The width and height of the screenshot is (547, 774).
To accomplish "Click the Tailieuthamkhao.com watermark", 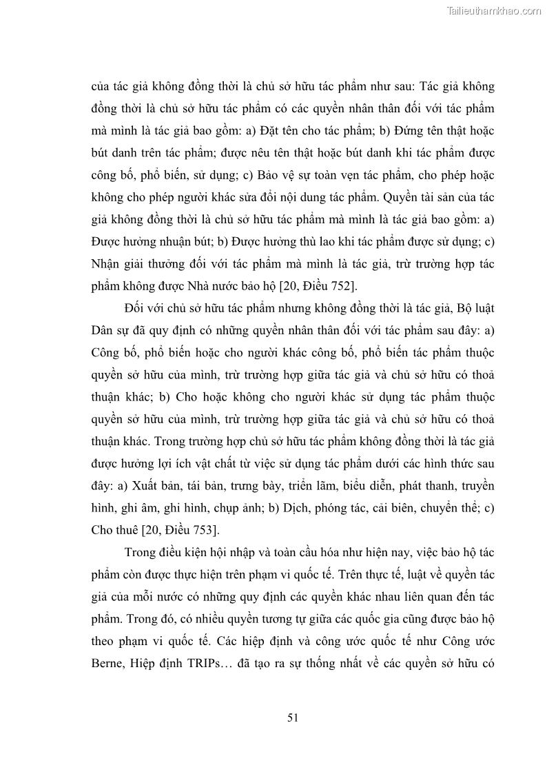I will pyautogui.click(x=495, y=10).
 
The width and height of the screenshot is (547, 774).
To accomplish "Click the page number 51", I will pyautogui.click(x=292, y=717).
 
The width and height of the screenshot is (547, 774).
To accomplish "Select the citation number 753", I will pyautogui.click(x=203, y=530).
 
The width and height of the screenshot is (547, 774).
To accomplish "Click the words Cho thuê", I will pyautogui.click(x=114, y=530).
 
